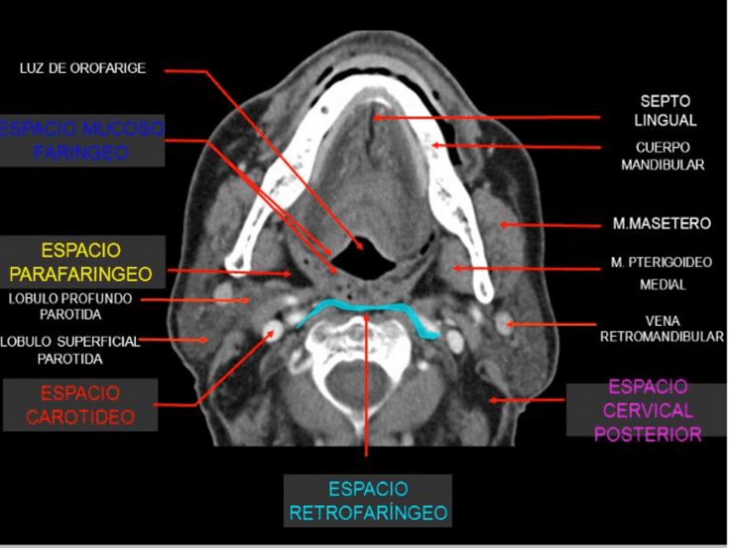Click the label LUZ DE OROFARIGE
point(83,69)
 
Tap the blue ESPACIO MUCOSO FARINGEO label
point(82,140)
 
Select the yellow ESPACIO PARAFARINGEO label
point(82,263)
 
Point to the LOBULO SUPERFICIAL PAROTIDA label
point(69,349)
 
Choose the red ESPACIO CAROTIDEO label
point(79,405)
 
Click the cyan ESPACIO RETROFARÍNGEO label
point(368,501)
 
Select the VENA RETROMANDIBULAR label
point(661,328)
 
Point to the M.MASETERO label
point(661,224)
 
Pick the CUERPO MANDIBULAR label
point(662,155)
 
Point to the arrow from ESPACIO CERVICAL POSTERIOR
point(525,400)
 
